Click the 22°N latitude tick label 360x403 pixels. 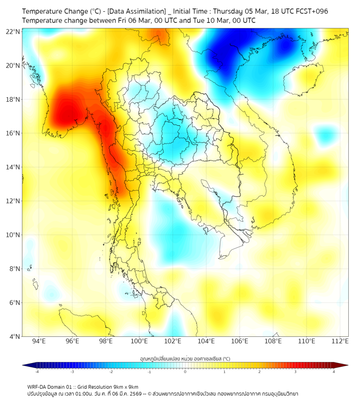[13, 31]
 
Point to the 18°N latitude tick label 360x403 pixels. [13, 100]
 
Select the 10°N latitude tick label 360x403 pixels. [13, 235]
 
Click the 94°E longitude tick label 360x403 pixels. [39, 341]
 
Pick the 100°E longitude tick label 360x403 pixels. [139, 341]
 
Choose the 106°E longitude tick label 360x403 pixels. [240, 341]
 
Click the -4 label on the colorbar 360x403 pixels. [37, 372]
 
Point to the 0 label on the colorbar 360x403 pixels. [185, 372]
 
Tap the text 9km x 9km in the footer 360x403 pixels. [125, 386]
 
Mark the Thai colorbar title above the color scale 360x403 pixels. [185, 359]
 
